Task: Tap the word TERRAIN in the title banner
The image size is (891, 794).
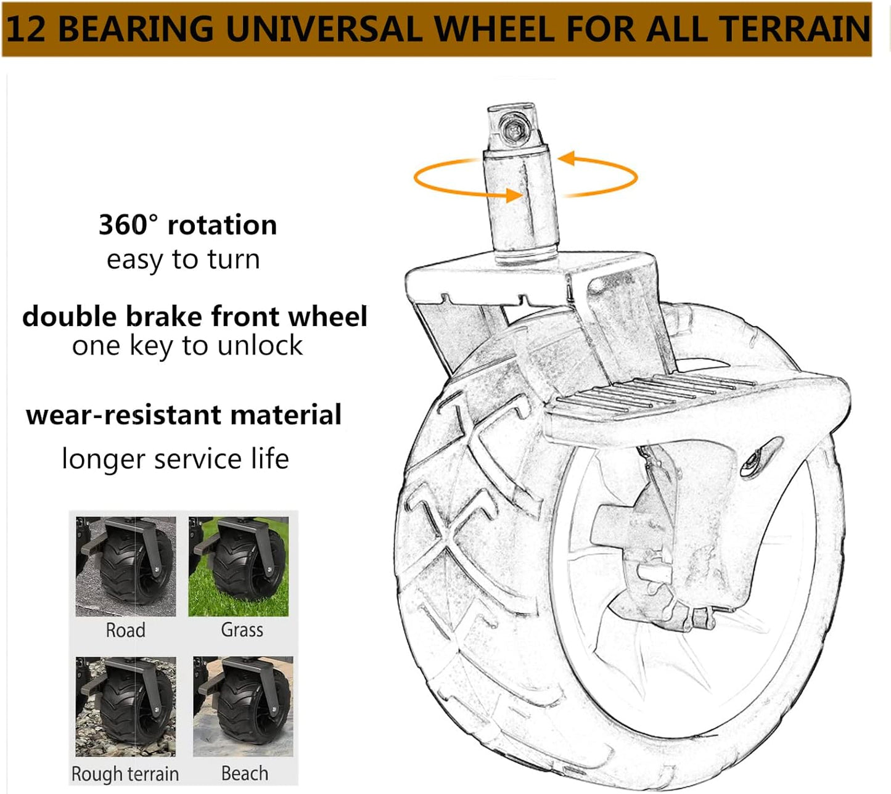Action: [x=796, y=29]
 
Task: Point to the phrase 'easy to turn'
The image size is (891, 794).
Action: [x=183, y=259]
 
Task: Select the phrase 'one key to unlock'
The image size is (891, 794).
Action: [x=187, y=346]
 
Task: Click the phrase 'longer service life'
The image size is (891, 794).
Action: [x=176, y=459]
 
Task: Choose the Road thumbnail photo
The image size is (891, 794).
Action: [x=126, y=567]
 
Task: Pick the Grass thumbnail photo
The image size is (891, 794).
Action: [x=239, y=567]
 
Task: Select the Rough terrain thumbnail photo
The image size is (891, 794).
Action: [x=126, y=706]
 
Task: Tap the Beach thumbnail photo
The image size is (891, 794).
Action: [x=243, y=706]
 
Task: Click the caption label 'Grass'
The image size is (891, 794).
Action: [x=242, y=630]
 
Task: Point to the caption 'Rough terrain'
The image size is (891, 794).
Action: [x=125, y=774]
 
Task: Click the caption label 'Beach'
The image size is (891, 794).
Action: [x=245, y=773]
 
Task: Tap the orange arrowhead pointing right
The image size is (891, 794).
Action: [x=514, y=195]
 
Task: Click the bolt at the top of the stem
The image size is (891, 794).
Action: [x=513, y=129]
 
